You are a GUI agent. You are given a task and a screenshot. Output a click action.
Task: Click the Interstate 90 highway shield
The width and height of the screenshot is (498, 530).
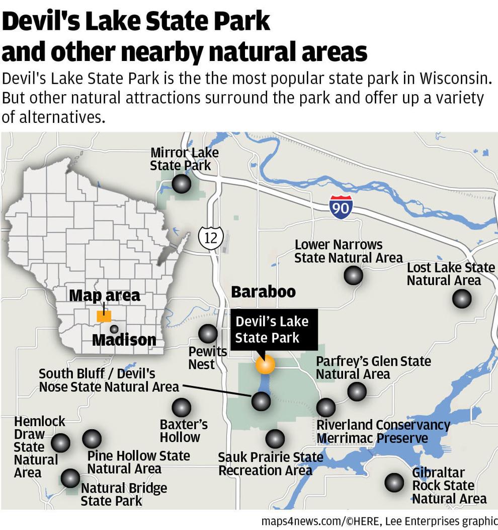pyautogui.click(x=341, y=207)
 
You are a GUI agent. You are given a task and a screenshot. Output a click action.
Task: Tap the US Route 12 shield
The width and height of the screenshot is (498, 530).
pyautogui.click(x=211, y=237)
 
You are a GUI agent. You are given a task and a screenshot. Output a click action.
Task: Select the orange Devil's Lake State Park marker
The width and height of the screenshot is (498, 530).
pyautogui.click(x=265, y=364)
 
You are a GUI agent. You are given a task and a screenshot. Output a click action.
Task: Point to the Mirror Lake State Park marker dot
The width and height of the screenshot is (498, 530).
pyautogui.click(x=181, y=184)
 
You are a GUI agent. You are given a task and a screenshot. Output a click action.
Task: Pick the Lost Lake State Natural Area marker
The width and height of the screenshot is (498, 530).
pyautogui.click(x=461, y=299)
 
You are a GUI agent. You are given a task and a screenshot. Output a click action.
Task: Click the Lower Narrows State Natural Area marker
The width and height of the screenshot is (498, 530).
pyautogui.click(x=353, y=276)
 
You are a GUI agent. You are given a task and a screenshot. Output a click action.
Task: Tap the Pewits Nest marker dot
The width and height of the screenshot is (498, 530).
pyautogui.click(x=208, y=334)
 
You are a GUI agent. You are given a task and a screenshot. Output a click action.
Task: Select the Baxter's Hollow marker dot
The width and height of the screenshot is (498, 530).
pyautogui.click(x=181, y=408)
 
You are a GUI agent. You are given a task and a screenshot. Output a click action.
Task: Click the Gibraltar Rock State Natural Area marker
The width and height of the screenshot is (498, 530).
pyautogui.click(x=394, y=482)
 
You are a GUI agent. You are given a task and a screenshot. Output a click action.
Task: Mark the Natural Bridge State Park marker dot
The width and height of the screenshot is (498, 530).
pyautogui.click(x=70, y=478)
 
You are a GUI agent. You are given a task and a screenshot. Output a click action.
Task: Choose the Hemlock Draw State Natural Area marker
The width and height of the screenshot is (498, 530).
pyautogui.click(x=60, y=443)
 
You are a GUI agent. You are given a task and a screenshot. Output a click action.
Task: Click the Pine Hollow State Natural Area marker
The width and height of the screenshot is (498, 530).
pyautogui.click(x=92, y=439)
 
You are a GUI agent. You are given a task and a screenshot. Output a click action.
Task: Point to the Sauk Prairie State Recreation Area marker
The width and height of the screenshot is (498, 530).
pyautogui.click(x=275, y=439)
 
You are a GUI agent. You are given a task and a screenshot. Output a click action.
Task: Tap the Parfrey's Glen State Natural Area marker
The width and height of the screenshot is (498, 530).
pyautogui.click(x=357, y=391)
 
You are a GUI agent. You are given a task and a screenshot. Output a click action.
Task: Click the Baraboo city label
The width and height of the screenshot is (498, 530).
pyautogui.click(x=263, y=292)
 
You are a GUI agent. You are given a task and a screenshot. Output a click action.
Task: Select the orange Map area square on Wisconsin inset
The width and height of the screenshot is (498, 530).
pyautogui.click(x=104, y=316)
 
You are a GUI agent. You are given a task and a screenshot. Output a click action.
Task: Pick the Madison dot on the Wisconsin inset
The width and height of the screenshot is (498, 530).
pyautogui.click(x=114, y=329)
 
